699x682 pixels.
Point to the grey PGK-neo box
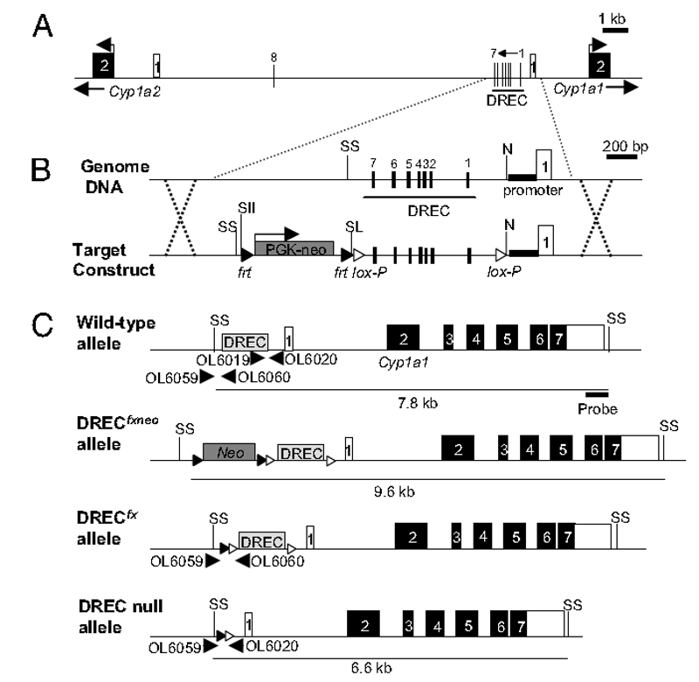point(294,248)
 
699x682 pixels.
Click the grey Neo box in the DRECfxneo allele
point(229,451)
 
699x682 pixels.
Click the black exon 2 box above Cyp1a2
point(102,65)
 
